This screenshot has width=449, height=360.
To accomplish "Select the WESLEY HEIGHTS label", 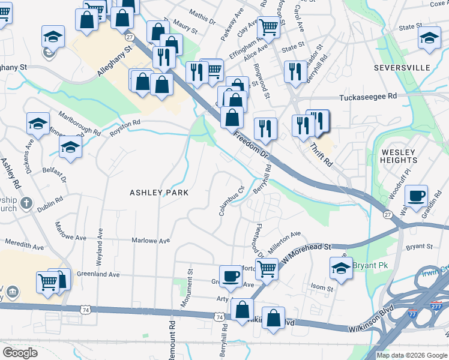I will point(399,156).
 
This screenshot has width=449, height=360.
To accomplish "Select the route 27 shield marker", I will point(387,215).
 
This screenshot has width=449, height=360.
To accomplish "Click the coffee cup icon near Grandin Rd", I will point(415,196).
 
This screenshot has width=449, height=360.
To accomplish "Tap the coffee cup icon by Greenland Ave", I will point(231,276).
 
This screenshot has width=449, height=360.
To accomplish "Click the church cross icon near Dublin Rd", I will point(26,203).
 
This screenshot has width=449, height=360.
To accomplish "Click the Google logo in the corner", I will point(20,353).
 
